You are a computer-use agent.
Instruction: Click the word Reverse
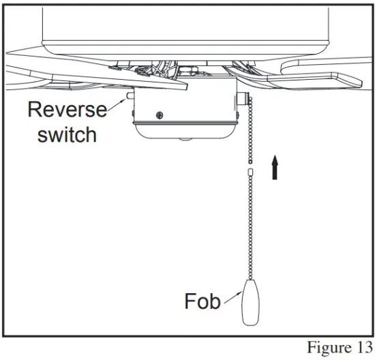(67, 110)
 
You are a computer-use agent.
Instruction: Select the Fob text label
(202, 300)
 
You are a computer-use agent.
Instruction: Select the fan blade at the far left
(27, 56)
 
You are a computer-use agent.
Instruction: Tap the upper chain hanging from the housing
(249, 130)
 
